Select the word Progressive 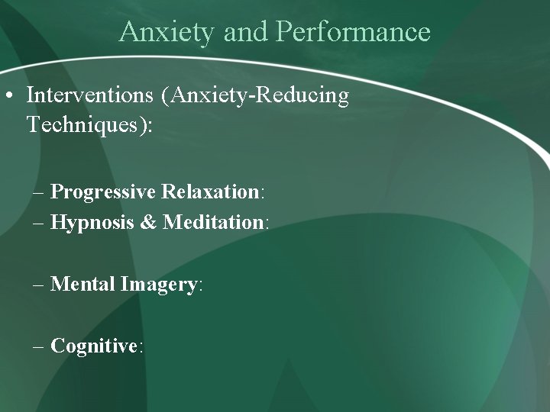point(103,192)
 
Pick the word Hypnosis point(93,222)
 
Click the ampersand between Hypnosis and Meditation point(148,222)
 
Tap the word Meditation point(213,222)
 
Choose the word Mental point(82,285)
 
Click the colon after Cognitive point(141,347)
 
